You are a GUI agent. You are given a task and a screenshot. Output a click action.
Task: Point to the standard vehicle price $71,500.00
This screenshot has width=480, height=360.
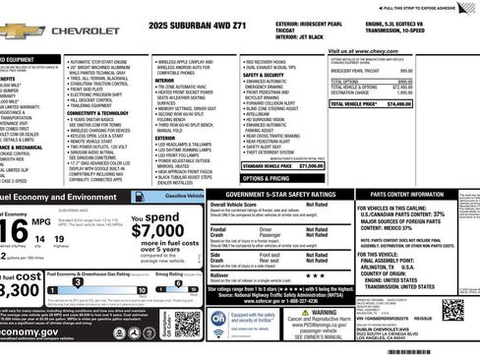point(311,165)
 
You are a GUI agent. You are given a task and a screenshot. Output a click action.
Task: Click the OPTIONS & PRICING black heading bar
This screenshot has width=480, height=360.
point(266,178)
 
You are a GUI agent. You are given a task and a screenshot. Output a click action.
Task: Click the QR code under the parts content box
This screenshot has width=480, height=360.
point(452,309)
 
